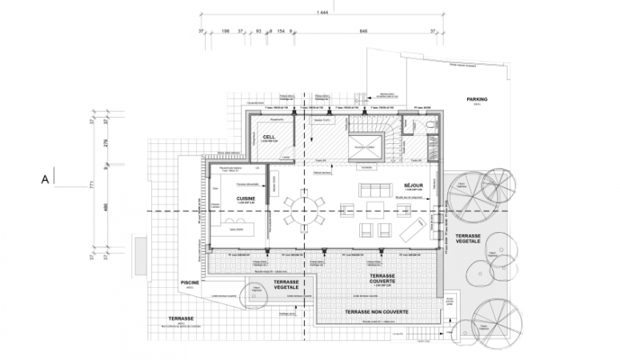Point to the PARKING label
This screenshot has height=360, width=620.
[x=478, y=99]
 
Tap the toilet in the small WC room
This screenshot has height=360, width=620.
[x=430, y=126]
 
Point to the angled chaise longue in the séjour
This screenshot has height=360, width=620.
[x=406, y=230]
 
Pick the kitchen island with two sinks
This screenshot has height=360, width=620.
[x=237, y=227]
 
